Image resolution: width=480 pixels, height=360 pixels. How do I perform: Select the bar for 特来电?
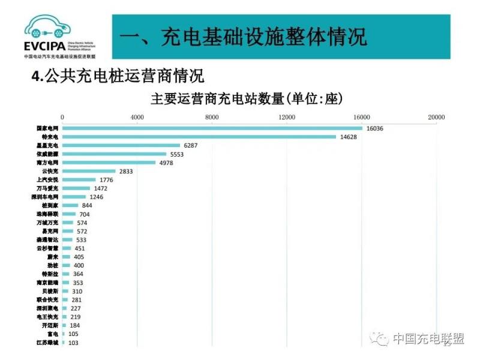[199, 137]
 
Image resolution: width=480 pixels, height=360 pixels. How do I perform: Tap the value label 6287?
[190, 145]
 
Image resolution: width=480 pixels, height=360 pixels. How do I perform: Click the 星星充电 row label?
[47, 145]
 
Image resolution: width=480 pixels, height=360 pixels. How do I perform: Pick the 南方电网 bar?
[109, 163]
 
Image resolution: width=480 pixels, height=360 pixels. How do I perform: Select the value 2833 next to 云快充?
[125, 171]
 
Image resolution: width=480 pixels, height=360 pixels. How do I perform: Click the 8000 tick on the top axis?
[212, 117]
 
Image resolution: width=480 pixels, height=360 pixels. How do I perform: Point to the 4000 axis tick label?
[137, 117]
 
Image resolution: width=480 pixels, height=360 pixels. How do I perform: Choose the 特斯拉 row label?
[51, 274]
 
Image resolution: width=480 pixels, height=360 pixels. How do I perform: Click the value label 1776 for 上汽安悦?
[106, 180]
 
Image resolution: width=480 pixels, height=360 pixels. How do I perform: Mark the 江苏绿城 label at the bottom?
[47, 342]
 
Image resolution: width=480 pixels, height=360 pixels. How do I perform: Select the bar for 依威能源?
[114, 154]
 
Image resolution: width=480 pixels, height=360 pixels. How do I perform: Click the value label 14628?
[348, 137]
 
